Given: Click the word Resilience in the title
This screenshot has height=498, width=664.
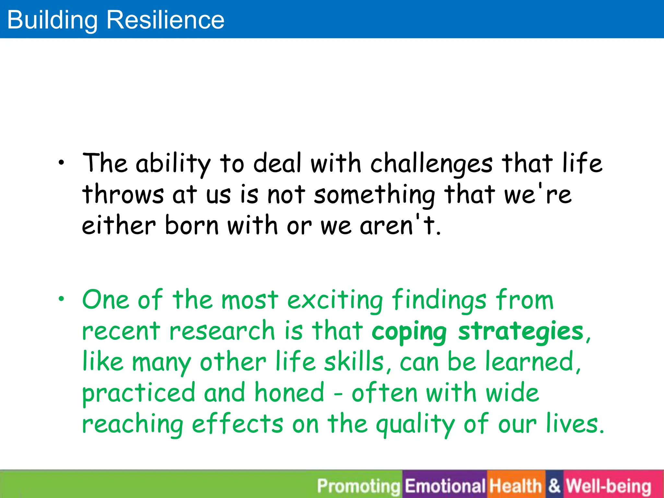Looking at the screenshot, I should pos(165,20).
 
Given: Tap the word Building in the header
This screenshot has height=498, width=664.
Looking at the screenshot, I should pos(52,20).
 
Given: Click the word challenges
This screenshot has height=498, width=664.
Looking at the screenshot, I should pos(432,163).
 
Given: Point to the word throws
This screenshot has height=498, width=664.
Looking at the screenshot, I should pos(123,195).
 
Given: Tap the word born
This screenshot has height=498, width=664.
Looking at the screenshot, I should pos(192,225).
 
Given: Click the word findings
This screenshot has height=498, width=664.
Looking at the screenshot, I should pos(439,300).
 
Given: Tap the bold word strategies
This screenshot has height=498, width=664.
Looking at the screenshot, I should pos(521,331).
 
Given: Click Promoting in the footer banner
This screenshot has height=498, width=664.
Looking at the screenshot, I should pos(359,486).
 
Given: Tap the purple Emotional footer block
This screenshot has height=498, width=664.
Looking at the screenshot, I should pos(445,486).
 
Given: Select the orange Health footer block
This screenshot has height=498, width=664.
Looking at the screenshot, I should pos(516,486).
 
